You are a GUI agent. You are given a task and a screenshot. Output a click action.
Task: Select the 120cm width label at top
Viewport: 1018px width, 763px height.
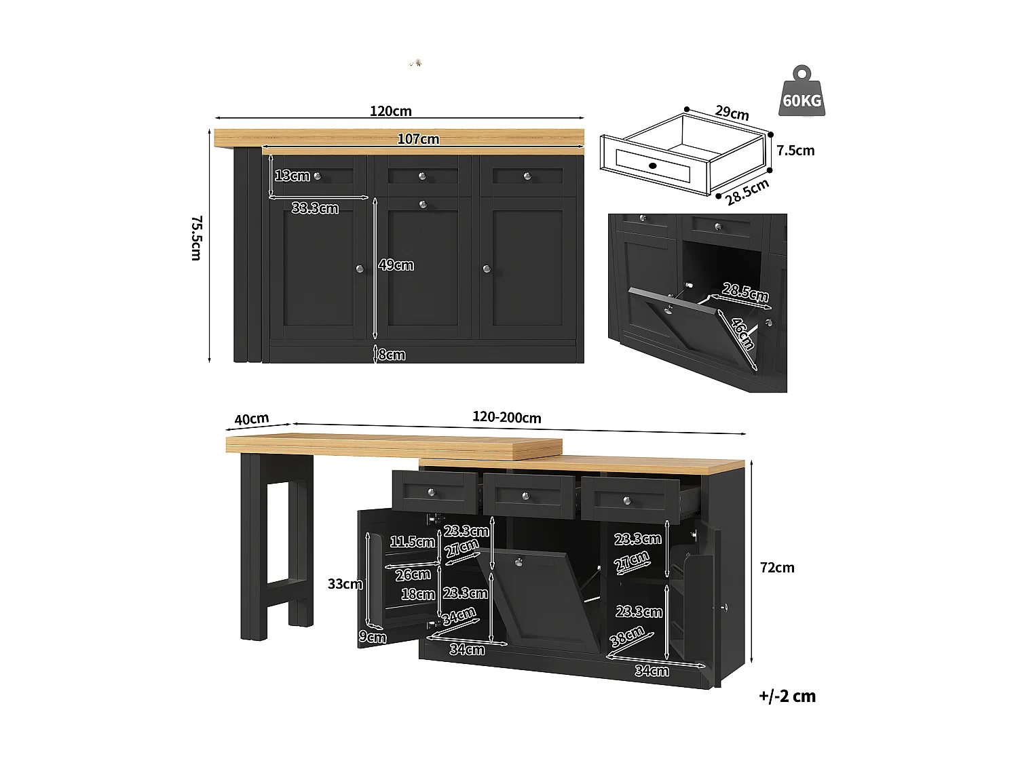tap(390, 111)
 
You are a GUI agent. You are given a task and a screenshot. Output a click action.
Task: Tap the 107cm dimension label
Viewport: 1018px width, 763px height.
tap(418, 139)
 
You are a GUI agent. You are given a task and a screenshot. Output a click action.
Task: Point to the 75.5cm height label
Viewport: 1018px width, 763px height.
tap(196, 238)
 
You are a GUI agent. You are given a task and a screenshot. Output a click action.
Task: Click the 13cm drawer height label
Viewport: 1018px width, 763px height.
tap(293, 176)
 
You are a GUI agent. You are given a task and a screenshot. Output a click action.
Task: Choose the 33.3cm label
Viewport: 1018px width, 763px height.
tap(315, 208)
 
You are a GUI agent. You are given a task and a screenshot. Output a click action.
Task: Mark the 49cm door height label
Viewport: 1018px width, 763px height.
tap(396, 265)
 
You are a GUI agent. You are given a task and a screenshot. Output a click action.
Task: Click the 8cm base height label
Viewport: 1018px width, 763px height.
tap(392, 355)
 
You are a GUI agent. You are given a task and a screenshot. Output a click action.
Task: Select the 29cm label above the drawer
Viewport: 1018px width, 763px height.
tap(732, 113)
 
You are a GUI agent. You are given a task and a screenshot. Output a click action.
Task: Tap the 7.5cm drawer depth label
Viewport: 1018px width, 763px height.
tap(795, 151)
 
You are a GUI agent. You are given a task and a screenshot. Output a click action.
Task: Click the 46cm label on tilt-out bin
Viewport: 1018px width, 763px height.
tap(742, 334)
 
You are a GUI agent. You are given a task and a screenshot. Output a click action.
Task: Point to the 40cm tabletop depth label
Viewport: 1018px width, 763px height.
tap(252, 419)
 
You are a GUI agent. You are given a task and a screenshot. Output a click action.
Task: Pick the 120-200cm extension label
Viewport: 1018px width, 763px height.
tap(507, 418)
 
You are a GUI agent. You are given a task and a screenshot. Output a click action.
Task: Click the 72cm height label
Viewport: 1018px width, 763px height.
tap(777, 568)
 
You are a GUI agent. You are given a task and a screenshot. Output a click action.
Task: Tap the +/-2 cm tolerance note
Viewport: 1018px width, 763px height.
tap(787, 697)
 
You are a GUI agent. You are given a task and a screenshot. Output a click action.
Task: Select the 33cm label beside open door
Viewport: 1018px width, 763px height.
tap(345, 584)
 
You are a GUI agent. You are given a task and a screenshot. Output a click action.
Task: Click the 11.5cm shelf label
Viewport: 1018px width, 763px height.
tap(412, 542)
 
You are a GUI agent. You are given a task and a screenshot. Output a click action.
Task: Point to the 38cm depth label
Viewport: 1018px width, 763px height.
tap(627, 636)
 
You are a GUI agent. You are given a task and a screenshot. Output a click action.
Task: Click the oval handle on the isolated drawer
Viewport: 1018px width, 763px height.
tap(652, 165)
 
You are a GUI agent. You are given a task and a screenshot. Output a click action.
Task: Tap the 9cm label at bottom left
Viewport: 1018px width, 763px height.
tap(373, 637)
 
